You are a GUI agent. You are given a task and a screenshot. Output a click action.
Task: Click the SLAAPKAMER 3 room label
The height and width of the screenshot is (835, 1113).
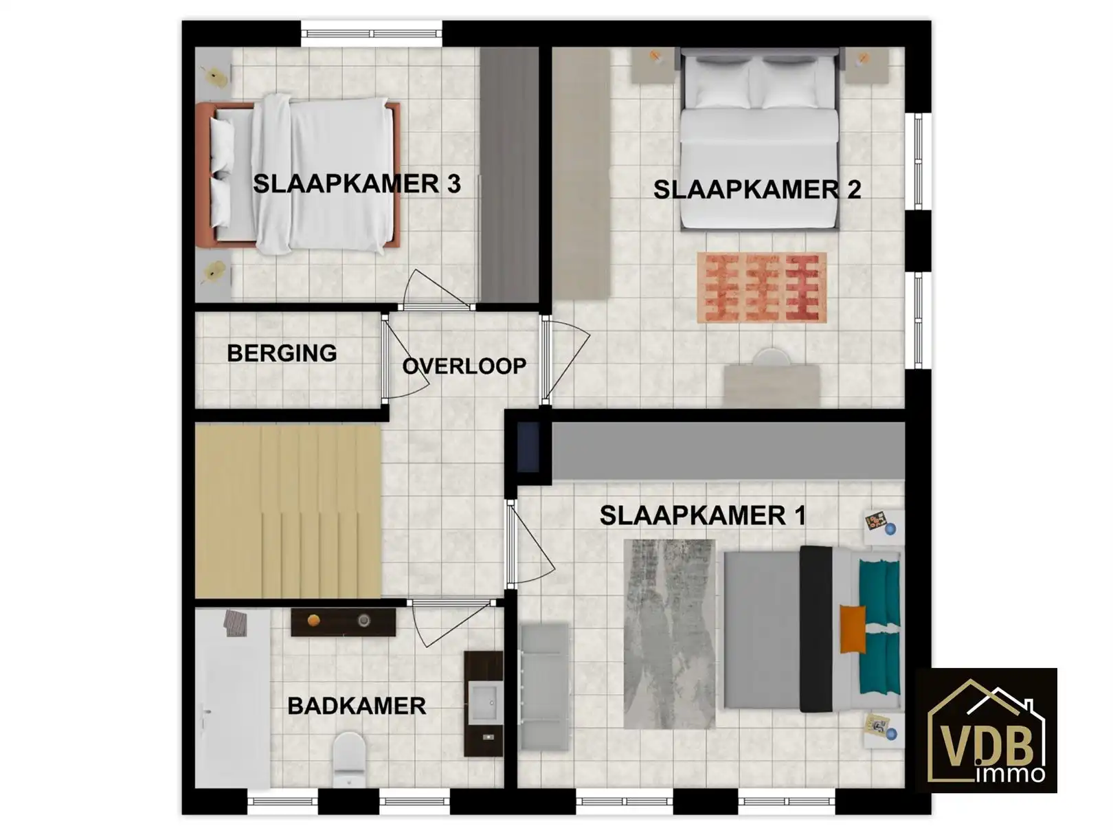pyautogui.click(x=356, y=184)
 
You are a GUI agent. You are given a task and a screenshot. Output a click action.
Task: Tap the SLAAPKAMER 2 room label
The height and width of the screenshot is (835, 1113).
pyautogui.click(x=756, y=190)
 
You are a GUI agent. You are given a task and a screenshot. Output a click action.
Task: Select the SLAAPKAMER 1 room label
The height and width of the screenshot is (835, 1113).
pyautogui.click(x=702, y=515)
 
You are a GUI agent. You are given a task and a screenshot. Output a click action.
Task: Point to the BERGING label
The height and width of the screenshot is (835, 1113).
pyautogui.click(x=282, y=353)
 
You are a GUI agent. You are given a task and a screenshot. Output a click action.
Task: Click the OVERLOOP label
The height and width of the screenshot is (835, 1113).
pyautogui.click(x=464, y=366)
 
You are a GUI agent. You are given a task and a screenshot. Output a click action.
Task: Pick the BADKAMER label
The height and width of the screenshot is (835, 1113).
pyautogui.click(x=357, y=706)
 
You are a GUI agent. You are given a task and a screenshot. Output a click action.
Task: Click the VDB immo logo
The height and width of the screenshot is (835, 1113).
pyautogui.click(x=987, y=731)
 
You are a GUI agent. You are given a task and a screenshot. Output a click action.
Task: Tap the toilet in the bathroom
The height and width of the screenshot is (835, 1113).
pyautogui.click(x=349, y=758)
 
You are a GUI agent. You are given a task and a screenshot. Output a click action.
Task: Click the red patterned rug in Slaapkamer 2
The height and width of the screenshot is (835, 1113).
pyautogui.click(x=761, y=287)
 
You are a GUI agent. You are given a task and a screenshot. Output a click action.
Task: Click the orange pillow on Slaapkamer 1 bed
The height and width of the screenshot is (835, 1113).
pyautogui.click(x=853, y=629)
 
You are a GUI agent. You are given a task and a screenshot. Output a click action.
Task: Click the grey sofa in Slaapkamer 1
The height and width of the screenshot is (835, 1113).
pyautogui.click(x=544, y=687)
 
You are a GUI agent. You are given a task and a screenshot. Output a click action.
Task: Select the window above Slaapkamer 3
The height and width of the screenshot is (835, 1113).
pyautogui.click(x=371, y=32)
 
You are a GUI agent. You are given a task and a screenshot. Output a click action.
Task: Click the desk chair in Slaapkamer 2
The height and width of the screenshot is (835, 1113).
pyautogui.click(x=772, y=358)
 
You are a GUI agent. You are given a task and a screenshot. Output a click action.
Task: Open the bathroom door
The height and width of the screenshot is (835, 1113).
pyautogui.click(x=450, y=622)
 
